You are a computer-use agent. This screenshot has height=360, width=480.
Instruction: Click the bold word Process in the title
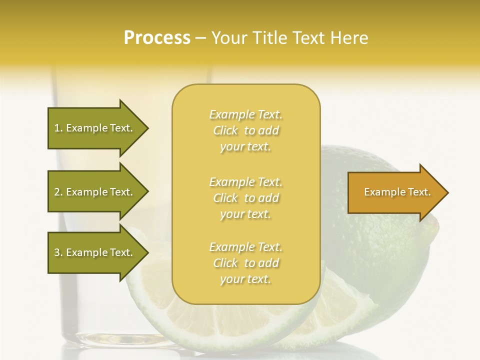coord(157,38)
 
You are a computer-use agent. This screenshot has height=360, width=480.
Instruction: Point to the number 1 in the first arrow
coord(57,128)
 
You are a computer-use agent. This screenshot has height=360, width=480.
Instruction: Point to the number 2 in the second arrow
coord(57,192)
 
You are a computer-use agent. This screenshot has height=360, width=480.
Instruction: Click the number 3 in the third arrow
coord(57,252)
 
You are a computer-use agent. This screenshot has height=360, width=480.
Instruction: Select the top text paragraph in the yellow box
coord(245,130)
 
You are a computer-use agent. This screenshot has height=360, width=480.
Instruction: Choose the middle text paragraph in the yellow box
coord(245,198)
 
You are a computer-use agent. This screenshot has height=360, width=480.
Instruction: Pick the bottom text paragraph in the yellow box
coord(245,263)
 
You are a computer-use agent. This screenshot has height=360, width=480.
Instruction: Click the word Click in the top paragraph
coord(225,131)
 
